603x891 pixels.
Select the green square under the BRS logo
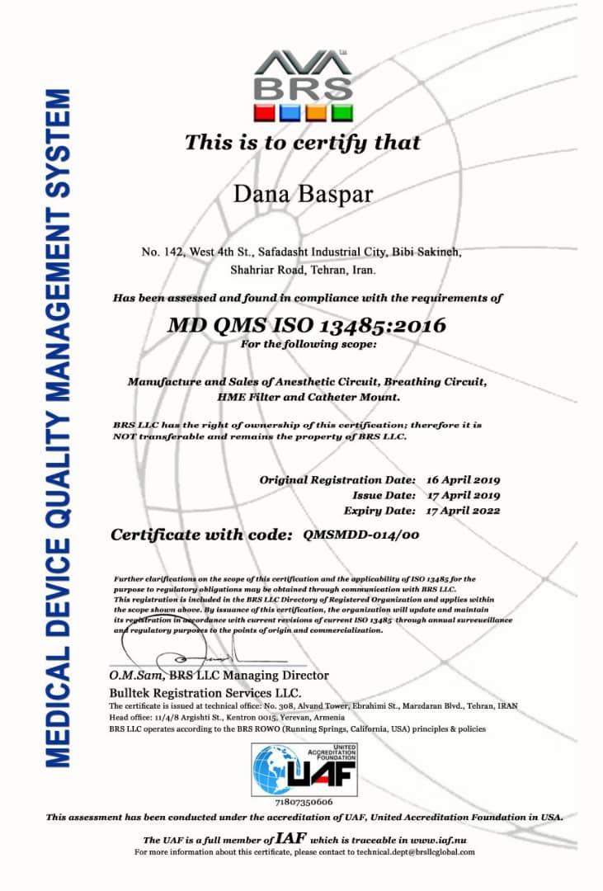[342, 112]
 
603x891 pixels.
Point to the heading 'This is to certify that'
[303, 142]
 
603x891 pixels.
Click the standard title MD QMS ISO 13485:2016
[307, 324]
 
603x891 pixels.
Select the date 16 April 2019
[464, 479]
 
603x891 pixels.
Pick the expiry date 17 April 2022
[464, 511]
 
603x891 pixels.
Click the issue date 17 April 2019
[464, 495]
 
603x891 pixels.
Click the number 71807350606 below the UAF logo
[304, 801]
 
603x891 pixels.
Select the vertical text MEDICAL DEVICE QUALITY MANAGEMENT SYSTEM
[59, 429]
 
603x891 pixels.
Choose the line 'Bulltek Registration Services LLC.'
[205, 692]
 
